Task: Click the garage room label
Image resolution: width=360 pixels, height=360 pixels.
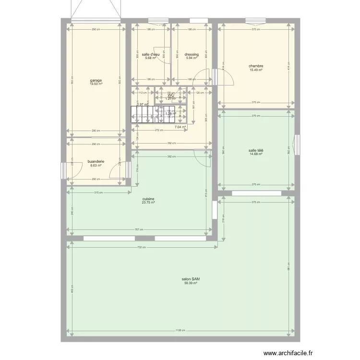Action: click(x=96, y=80)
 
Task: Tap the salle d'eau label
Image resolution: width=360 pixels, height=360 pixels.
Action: click(x=151, y=55)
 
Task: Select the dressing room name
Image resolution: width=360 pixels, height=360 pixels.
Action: click(x=192, y=55)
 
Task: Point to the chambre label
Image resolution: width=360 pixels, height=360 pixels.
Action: click(x=255, y=66)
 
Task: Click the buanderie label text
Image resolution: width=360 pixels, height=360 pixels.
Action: click(x=96, y=161)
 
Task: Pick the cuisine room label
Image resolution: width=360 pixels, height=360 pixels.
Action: click(x=148, y=199)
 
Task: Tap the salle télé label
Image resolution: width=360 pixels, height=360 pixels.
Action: click(x=255, y=151)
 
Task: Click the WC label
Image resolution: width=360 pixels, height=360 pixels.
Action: click(x=170, y=95)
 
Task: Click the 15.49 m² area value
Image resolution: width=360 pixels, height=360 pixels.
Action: click(x=255, y=70)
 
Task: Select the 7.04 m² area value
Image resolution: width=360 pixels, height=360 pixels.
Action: click(x=180, y=127)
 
